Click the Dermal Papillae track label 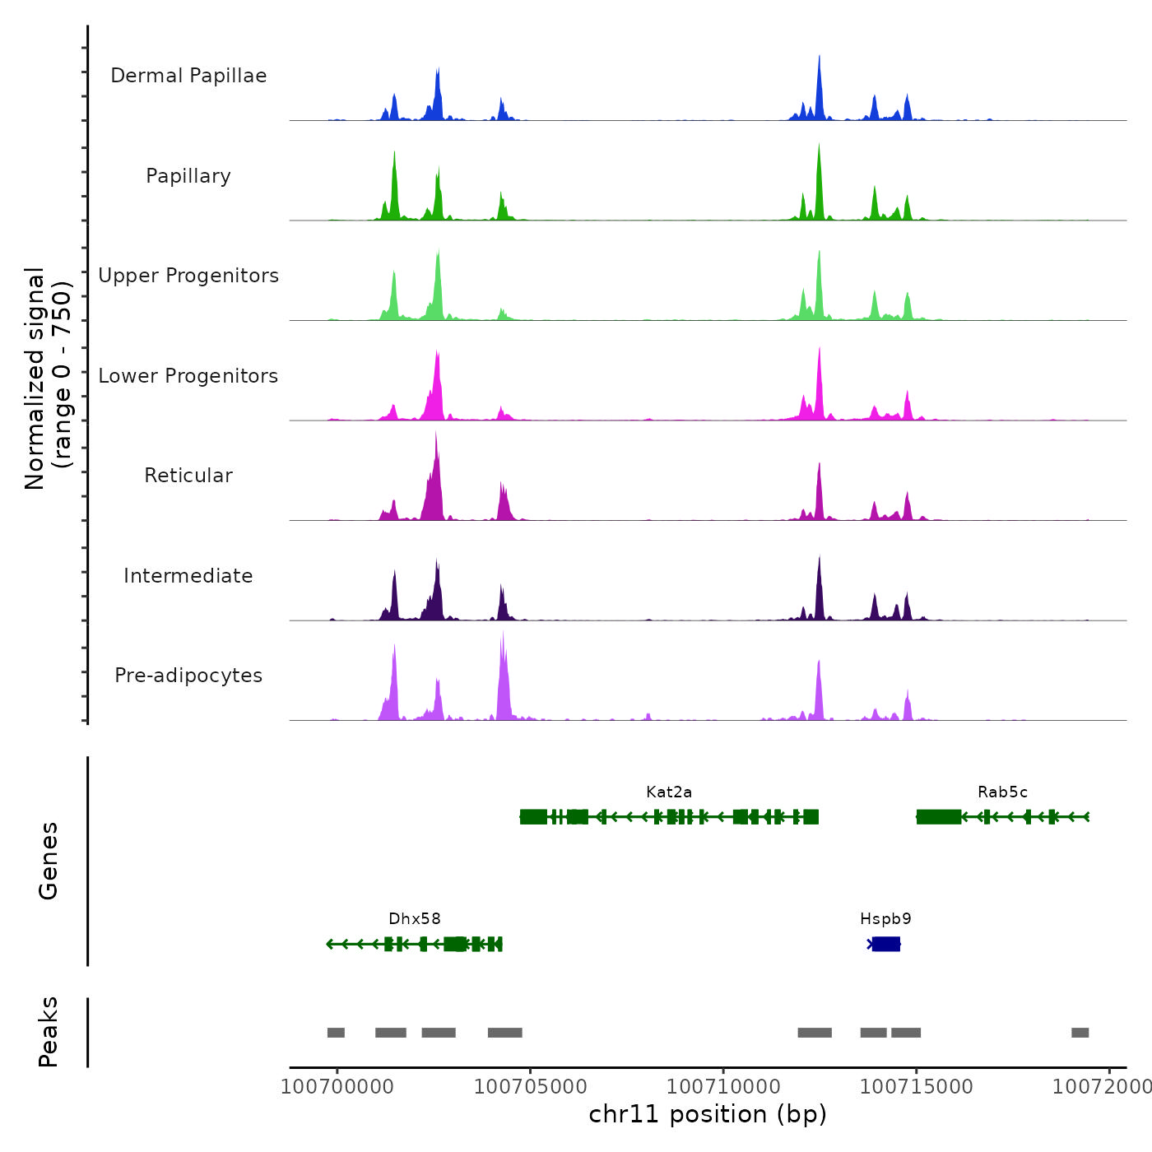188,76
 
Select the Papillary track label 188,176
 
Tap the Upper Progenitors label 188,276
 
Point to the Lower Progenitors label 188,376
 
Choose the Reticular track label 188,476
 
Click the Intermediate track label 188,576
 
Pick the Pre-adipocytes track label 188,676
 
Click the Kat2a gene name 669,792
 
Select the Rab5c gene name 1002,792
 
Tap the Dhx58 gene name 415,919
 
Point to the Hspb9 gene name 885,919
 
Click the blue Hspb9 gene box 886,944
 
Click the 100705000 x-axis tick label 531,1086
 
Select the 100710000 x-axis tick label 723,1086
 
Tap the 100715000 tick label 916,1086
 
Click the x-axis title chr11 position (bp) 708,1114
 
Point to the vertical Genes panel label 49,861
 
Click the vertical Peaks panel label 49,1032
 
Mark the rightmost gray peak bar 1080,1033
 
